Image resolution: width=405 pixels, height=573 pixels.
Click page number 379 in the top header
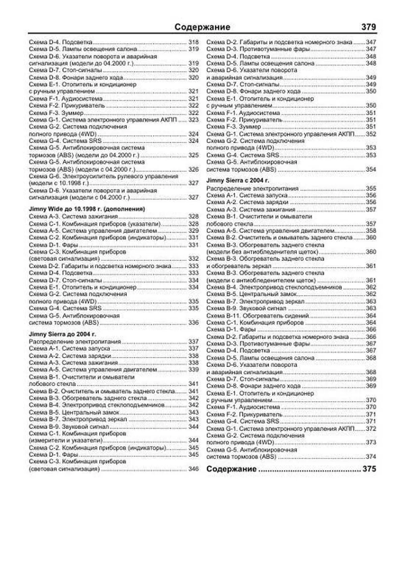pyautogui.click(x=368, y=27)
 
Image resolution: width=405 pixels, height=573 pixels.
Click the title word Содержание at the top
pyautogui.click(x=202, y=27)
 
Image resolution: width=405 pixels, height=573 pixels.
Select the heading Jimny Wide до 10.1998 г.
pyautogui.click(x=87, y=209)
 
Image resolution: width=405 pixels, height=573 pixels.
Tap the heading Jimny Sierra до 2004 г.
pyautogui.click(x=62, y=334)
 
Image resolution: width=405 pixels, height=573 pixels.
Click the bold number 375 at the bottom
pyautogui.click(x=369, y=469)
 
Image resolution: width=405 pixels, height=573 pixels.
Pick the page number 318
pyautogui.click(x=193, y=42)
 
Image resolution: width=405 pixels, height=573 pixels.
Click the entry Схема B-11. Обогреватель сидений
pyautogui.click(x=258, y=316)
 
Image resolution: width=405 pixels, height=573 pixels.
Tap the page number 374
pyautogui.click(x=371, y=457)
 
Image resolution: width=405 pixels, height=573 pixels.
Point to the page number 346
pyautogui.click(x=193, y=469)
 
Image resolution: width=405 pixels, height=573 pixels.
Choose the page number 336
pyautogui.click(x=193, y=322)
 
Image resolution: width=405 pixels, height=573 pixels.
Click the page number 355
pyautogui.click(x=371, y=188)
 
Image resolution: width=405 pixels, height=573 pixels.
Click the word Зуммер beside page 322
pyautogui.click(x=72, y=113)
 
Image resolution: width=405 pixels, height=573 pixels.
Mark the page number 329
pyautogui.click(x=193, y=231)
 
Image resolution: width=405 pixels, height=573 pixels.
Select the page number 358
pyautogui.click(x=371, y=231)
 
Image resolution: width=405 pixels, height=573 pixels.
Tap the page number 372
pyautogui.click(x=371, y=428)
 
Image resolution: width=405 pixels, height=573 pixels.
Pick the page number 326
pyautogui.click(x=193, y=169)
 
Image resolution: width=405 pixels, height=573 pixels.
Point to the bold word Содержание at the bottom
pyautogui.click(x=231, y=469)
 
